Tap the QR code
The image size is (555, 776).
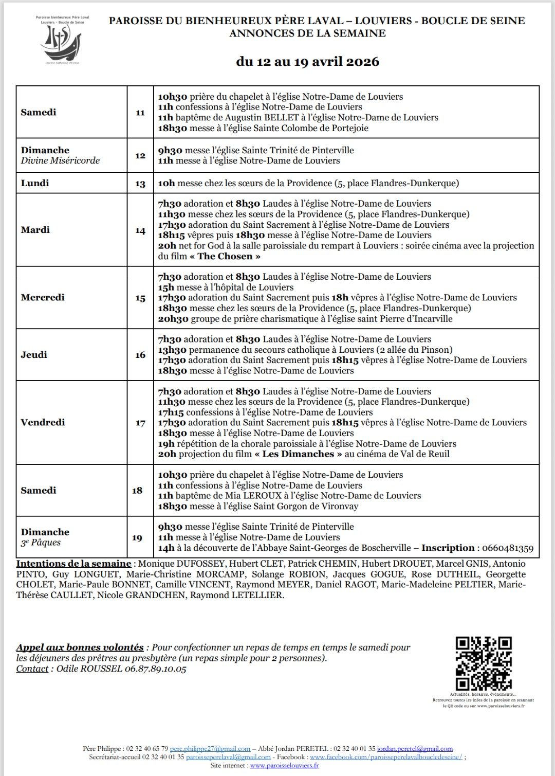(484, 663)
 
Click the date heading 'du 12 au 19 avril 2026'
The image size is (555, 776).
(307, 62)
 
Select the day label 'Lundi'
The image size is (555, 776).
(35, 183)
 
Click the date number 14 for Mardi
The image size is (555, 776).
(140, 231)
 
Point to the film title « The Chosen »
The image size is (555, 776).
(225, 256)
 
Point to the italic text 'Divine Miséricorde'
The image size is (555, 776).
(61, 160)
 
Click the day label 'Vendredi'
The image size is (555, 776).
(43, 423)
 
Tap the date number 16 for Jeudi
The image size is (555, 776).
(140, 355)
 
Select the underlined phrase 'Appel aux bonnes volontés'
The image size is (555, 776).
(80, 647)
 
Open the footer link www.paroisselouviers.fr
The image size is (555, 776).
(284, 766)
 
